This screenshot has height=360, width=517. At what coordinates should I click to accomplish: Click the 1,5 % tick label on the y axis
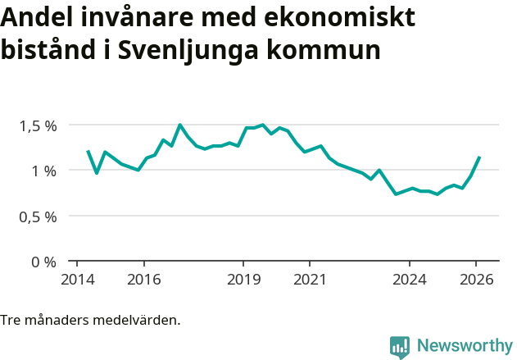click(x=39, y=125)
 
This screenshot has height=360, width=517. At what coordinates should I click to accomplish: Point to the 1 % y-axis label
click(x=44, y=171)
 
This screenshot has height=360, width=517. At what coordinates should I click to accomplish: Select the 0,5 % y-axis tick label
click(x=39, y=216)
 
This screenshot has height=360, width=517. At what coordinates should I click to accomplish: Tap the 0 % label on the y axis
click(x=44, y=262)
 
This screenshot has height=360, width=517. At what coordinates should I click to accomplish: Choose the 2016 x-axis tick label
click(x=143, y=279)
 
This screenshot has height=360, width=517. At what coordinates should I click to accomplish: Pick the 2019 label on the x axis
click(x=243, y=279)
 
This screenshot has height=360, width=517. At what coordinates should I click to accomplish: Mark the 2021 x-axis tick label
click(x=310, y=279)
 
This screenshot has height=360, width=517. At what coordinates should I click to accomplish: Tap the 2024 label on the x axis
click(x=410, y=279)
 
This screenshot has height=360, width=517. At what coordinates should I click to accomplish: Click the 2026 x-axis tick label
click(x=476, y=279)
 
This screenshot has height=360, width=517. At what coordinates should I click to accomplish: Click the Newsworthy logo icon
click(x=400, y=347)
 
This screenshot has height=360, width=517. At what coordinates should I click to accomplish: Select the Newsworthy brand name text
click(x=464, y=346)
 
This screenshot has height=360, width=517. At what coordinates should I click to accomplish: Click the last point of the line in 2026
click(x=479, y=157)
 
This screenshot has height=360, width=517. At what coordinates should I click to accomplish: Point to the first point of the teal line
click(x=88, y=151)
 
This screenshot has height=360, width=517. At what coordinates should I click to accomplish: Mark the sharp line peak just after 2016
click(x=179, y=125)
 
